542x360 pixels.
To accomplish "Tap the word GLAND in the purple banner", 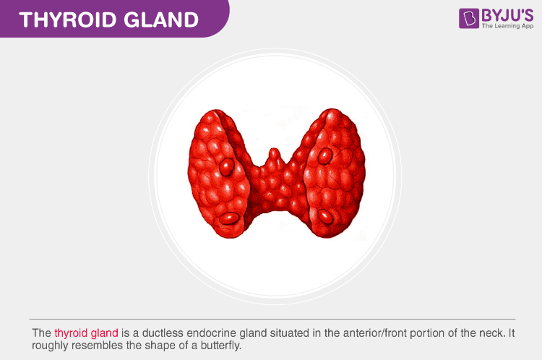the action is pos(161,20).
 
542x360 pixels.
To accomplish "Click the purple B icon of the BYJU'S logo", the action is pos(469,18).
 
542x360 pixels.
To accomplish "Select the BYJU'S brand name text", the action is pos(507,15).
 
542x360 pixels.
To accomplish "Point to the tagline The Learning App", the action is pos(507,26).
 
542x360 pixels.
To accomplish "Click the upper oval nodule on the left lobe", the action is pos(227,167).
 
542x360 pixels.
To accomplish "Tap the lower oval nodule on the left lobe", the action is pos(229,218).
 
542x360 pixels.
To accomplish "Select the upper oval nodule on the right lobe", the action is pos(325,155).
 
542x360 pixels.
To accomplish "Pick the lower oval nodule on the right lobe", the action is pos(325,217).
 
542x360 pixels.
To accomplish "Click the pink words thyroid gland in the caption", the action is pos(87,333).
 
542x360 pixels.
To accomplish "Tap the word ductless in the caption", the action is pos(163,333).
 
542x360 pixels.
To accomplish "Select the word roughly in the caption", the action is pos(50,346).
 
